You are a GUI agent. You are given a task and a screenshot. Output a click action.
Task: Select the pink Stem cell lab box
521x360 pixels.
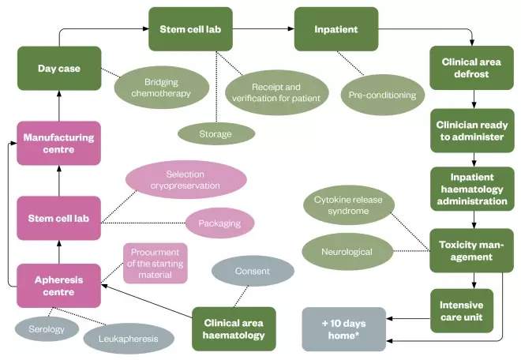[59, 219]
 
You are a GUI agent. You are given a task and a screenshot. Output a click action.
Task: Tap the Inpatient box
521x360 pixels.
[336, 30]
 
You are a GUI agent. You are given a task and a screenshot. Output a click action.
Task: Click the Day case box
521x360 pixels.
[59, 68]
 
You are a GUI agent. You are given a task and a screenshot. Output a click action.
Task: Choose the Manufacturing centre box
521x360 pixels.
[59, 144]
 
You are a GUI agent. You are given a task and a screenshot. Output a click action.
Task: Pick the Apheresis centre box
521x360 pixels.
[59, 285]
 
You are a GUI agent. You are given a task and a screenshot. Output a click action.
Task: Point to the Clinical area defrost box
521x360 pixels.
[472, 68]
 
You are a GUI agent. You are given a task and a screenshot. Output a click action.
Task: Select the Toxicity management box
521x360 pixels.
[472, 250]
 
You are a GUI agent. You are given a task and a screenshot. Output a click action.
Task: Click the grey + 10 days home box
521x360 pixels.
[343, 329]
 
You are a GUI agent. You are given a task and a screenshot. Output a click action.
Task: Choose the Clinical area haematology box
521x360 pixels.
[234, 329]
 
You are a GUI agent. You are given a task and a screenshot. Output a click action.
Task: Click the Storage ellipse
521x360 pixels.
[216, 133]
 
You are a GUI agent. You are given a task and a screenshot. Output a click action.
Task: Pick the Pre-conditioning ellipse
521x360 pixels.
[382, 95]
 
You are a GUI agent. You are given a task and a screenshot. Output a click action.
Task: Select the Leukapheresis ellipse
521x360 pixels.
[129, 338]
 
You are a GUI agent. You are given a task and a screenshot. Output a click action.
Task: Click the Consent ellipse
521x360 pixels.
[253, 271]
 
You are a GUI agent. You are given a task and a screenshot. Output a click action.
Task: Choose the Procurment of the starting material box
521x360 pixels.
[155, 263]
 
